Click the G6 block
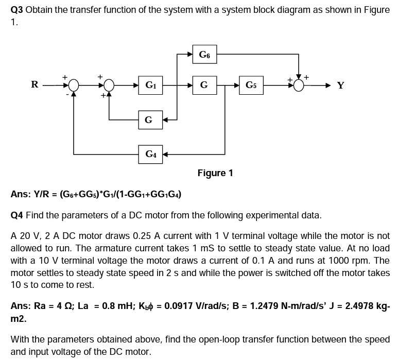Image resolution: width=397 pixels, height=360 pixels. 204,54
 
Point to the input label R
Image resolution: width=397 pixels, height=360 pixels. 34,84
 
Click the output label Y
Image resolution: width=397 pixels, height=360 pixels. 340,85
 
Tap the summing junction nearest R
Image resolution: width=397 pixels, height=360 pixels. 74,84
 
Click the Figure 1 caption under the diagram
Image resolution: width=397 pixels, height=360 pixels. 215,173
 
